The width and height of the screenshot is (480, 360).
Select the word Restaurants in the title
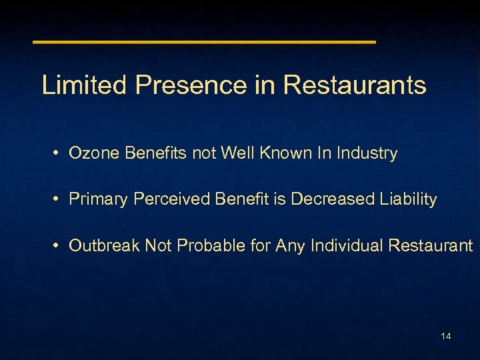click(355, 85)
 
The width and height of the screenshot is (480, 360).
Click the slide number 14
click(446, 336)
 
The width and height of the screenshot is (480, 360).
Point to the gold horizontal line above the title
click(204, 42)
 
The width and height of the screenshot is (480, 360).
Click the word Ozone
click(91, 153)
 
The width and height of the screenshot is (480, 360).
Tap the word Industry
click(367, 153)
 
